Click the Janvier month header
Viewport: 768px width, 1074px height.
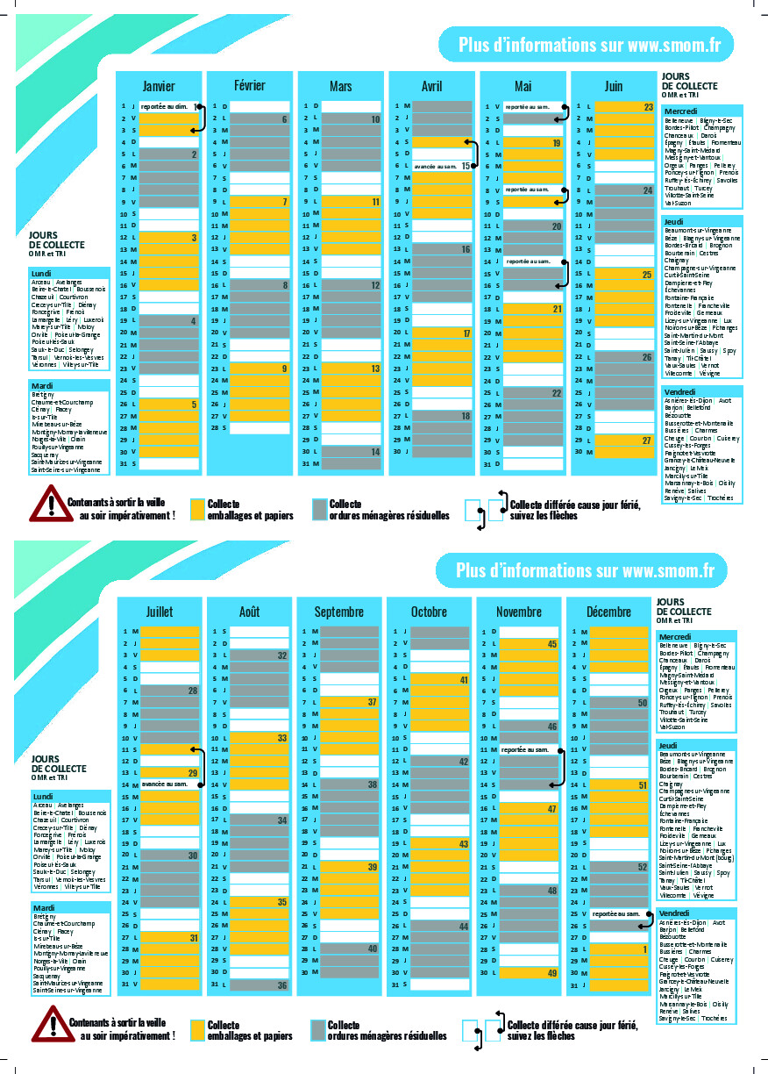pos(159,86)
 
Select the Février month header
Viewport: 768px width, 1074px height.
pos(250,85)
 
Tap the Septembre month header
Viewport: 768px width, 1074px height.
pos(338,612)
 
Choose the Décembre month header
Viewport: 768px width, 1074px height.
pos(608,612)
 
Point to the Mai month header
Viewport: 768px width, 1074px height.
pos(523,86)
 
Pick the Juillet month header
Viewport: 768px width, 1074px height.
pos(160,612)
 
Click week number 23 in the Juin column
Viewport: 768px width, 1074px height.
pos(648,107)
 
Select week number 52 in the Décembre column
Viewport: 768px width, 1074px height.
pos(643,868)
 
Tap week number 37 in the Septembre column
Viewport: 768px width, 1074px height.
pos(373,702)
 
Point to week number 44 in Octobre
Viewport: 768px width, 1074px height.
pos(464,927)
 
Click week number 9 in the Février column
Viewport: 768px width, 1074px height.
pos(283,369)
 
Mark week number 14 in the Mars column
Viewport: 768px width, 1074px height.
pos(374,452)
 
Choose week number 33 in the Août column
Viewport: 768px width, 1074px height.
pos(282,739)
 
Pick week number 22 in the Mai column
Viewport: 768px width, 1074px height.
pos(556,393)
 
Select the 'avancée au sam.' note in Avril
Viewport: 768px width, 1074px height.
pos(435,166)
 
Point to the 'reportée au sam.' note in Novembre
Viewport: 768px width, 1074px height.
pos(525,750)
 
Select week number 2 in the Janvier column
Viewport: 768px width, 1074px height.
pos(193,154)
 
